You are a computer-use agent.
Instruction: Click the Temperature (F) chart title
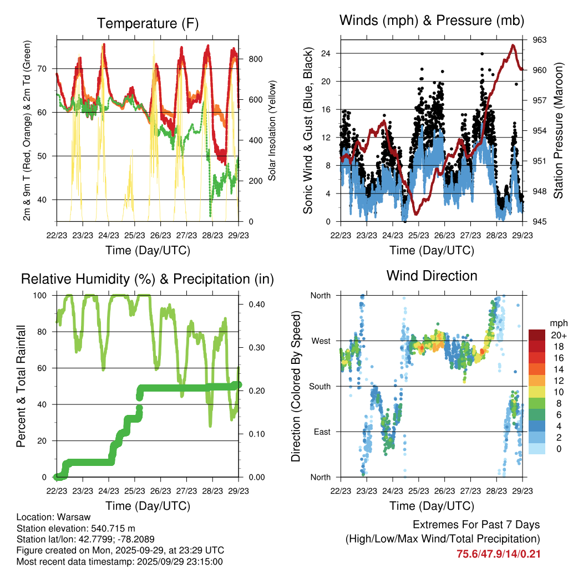(148, 23)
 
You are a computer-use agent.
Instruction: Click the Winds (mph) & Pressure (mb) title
(432, 21)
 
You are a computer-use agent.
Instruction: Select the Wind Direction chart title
(432, 275)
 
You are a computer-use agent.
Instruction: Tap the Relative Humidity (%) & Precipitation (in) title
(148, 279)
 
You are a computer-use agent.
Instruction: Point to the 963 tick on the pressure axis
(539, 40)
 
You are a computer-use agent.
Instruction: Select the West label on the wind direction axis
(321, 341)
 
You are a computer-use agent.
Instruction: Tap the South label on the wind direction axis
(319, 386)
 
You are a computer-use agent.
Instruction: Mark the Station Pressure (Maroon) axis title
(558, 130)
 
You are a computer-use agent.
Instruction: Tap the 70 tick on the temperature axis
(47, 69)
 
